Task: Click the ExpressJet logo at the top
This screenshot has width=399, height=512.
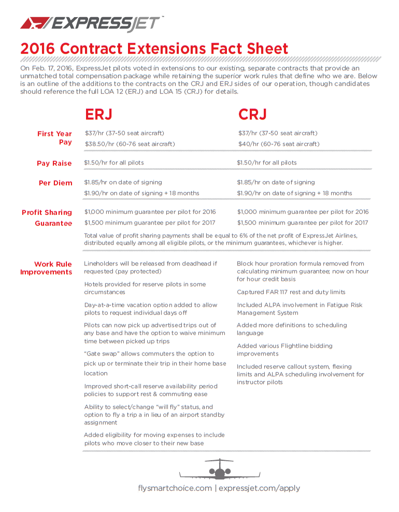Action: pos(92,23)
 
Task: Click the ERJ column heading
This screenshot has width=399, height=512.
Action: pos(98,114)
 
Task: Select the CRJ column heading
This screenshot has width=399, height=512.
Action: pos(252,114)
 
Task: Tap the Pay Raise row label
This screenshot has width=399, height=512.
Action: pos(54,163)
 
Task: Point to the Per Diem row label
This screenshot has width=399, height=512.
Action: pos(55,183)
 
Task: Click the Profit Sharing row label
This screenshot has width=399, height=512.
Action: pos(47,212)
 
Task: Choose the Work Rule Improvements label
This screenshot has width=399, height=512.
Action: pos(46,268)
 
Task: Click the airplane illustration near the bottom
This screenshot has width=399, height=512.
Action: pos(220,470)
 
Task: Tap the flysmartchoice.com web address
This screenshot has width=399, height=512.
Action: pos(175,488)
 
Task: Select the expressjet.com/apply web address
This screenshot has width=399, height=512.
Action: pos(259,488)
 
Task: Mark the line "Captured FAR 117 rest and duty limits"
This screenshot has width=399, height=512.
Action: pos(291,292)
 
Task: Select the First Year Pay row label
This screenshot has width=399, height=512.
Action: pos(54,138)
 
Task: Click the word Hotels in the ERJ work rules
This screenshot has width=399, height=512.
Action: pos(93,284)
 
